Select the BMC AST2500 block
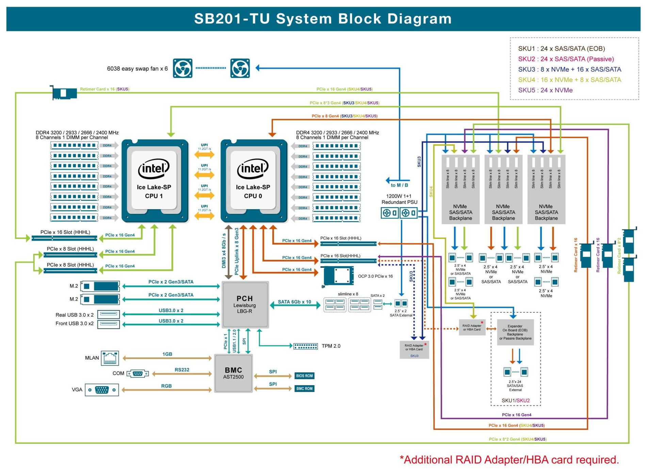233,373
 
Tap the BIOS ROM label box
304,376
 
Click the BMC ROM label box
304,388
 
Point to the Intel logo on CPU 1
154,168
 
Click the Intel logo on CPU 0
253,168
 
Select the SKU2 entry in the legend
566,59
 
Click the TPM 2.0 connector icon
306,346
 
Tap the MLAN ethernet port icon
110,358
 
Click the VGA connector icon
102,390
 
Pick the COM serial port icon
138,373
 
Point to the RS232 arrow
182,374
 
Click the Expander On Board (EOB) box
515,332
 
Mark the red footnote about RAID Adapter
509,460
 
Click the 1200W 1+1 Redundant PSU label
399,199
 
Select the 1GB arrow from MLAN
167,358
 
